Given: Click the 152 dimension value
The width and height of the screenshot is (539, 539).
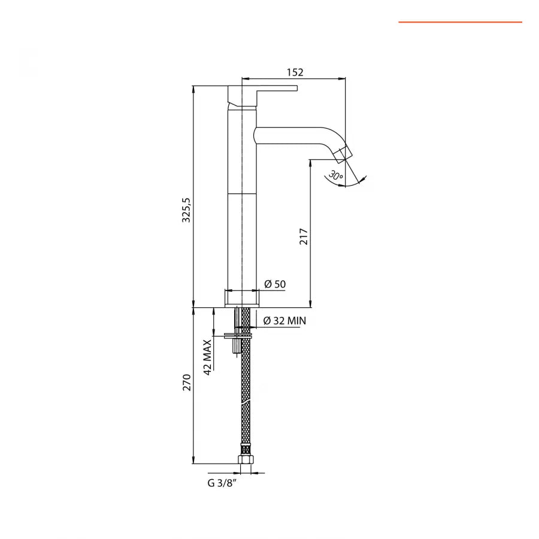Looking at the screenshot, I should click(295, 72).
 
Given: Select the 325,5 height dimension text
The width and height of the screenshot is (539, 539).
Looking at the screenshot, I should click(186, 209).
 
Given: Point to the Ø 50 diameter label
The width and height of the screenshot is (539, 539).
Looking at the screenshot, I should click(275, 284).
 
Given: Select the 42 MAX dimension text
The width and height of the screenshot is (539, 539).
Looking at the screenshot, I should click(207, 357).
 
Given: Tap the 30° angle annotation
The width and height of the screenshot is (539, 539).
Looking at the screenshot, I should click(335, 176).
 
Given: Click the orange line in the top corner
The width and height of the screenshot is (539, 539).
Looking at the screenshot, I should click(460, 22).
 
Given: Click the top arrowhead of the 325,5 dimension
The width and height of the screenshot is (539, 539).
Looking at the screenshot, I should click(193, 89).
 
